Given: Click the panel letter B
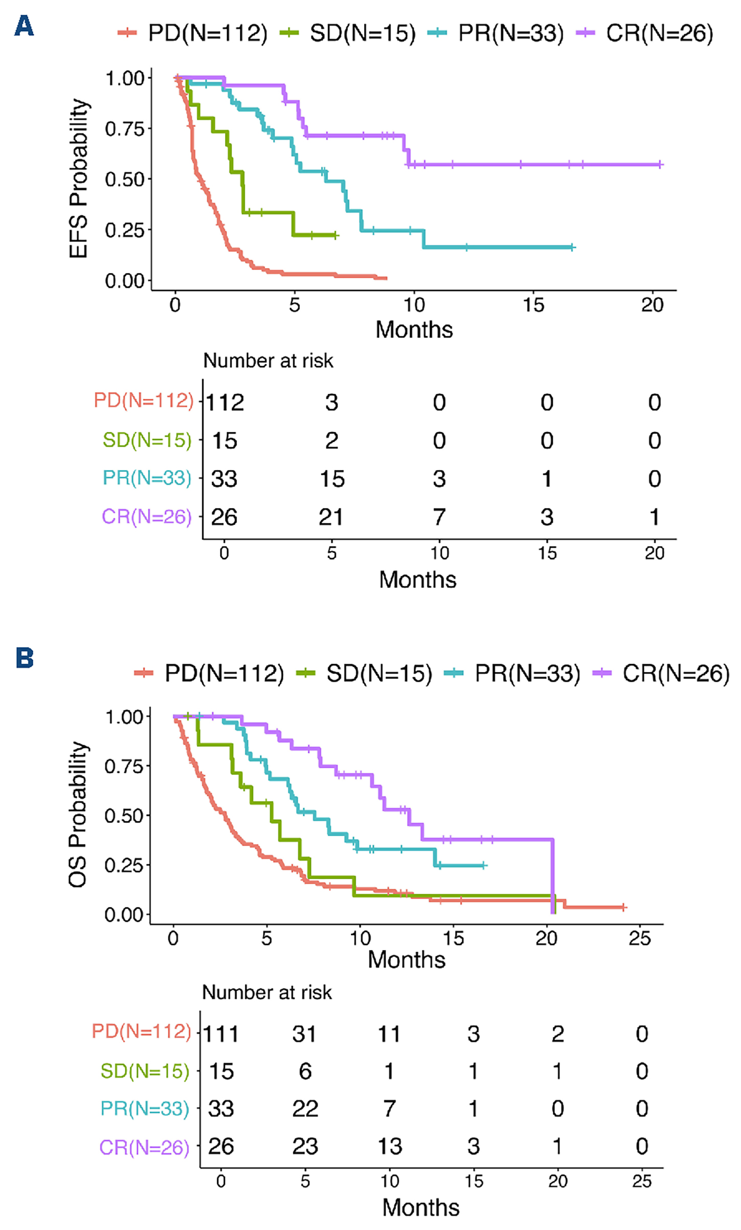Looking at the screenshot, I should point(25,658).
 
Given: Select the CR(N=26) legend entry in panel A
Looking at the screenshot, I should point(645,34).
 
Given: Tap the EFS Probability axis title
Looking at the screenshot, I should point(79,178).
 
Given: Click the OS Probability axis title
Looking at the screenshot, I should point(78,814).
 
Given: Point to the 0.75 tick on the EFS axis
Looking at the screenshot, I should point(125,129).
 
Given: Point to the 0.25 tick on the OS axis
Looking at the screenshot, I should point(124,865).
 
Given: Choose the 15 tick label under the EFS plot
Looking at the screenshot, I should point(533,305).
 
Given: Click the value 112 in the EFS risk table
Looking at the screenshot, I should point(225,402).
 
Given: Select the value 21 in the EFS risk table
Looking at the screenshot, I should point(331,517).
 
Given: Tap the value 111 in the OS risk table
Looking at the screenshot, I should point(221,1034).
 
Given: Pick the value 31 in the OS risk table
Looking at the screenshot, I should point(305,1034).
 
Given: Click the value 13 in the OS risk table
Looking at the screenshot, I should point(390,1147).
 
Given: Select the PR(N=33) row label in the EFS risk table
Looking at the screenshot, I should point(147,478).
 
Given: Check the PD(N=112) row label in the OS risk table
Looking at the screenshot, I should point(142,1031).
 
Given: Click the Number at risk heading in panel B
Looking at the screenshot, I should point(267,992).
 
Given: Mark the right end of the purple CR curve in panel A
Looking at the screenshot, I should point(660,165).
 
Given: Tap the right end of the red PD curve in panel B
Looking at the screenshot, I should point(623,907).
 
